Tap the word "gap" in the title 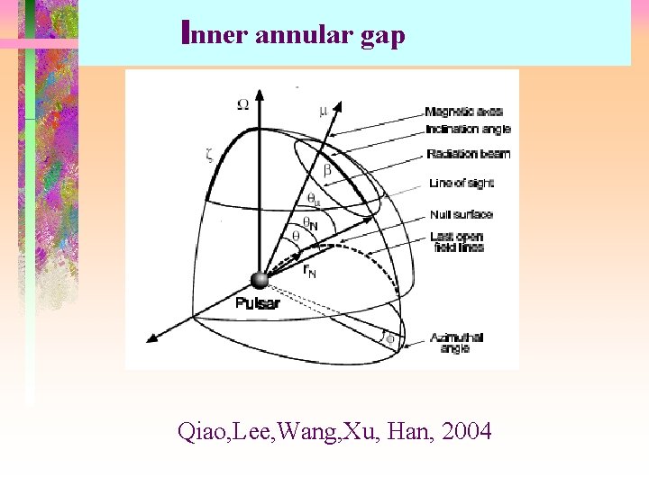[x=382, y=37]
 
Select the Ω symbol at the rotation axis [x=242, y=104]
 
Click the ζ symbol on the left [x=209, y=154]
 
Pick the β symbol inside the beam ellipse [x=327, y=169]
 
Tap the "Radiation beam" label [x=468, y=154]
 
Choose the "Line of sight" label [x=462, y=184]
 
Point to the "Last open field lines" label [x=457, y=241]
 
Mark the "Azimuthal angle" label [x=456, y=342]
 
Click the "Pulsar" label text [x=257, y=303]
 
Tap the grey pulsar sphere [x=261, y=280]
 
